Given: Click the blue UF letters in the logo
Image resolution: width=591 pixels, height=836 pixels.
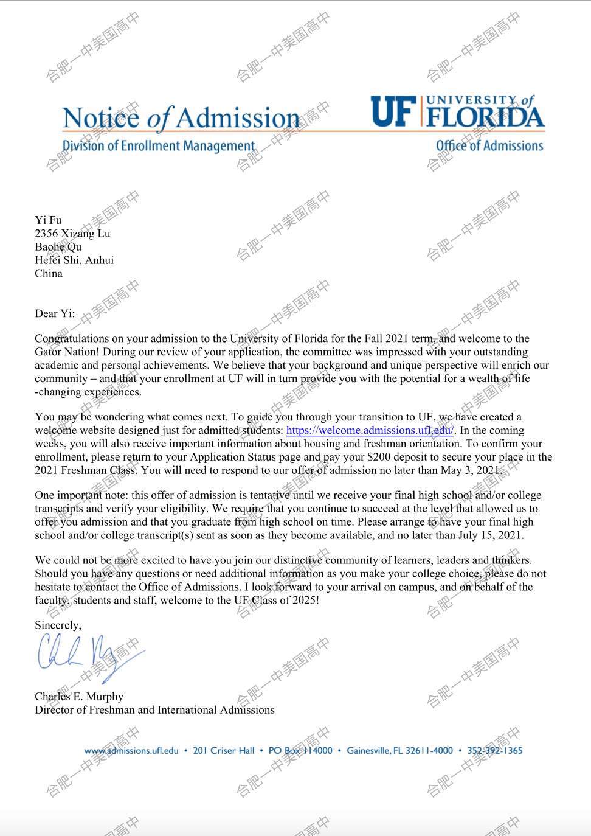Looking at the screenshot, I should pyautogui.click(x=394, y=112).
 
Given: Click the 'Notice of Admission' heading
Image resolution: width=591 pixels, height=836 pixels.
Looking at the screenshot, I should pyautogui.click(x=181, y=118).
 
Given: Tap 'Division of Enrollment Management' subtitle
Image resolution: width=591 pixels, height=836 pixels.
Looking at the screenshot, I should pyautogui.click(x=159, y=146).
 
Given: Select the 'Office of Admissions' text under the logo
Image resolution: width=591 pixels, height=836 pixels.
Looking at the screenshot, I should pyautogui.click(x=489, y=146).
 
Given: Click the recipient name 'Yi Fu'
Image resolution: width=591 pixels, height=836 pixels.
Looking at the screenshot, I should pyautogui.click(x=48, y=220).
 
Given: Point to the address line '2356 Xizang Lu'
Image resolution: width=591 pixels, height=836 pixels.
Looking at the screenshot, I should pyautogui.click(x=72, y=234).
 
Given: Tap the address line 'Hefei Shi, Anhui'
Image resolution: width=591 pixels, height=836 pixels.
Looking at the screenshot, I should pyautogui.click(x=74, y=260).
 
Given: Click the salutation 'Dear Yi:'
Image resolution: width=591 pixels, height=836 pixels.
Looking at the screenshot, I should pyautogui.click(x=55, y=314).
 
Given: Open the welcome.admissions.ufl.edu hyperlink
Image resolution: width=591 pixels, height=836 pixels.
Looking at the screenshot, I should pyautogui.click(x=370, y=431).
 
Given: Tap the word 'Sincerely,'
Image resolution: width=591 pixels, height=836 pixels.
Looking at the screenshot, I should pyautogui.click(x=58, y=625).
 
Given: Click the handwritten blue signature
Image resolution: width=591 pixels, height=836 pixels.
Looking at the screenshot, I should pyautogui.click(x=85, y=654).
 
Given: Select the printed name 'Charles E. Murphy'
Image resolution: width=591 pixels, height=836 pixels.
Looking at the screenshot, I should pyautogui.click(x=79, y=697).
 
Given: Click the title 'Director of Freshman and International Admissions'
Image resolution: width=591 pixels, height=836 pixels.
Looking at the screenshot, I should pyautogui.click(x=154, y=710).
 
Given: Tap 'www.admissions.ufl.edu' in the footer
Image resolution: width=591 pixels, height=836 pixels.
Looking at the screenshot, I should pyautogui.click(x=131, y=751).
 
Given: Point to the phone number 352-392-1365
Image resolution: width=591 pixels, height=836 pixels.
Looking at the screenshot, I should pyautogui.click(x=495, y=751).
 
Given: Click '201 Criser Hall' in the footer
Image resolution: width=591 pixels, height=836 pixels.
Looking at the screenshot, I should pyautogui.click(x=224, y=751).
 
